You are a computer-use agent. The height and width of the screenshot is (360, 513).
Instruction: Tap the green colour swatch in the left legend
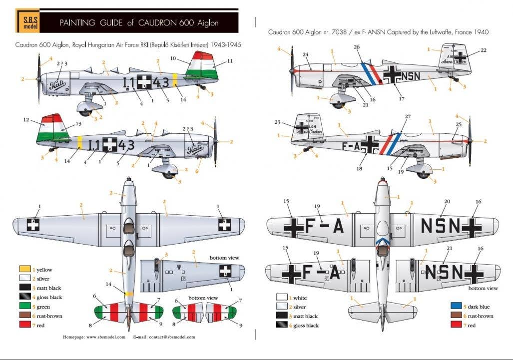click(x=23, y=307)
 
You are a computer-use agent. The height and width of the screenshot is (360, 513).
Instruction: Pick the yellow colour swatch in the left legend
click(x=23, y=270)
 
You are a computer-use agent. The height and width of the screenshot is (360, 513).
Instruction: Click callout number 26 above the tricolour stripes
click(x=357, y=47)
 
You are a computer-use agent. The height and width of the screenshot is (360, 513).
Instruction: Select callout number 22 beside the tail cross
click(x=484, y=50)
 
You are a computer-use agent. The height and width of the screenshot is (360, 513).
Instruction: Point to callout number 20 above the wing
click(x=447, y=201)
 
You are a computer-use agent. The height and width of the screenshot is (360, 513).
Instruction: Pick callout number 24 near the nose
click(x=305, y=54)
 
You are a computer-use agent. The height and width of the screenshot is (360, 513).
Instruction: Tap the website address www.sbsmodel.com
click(x=105, y=337)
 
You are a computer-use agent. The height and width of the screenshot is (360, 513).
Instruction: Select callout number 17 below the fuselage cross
click(x=402, y=99)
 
